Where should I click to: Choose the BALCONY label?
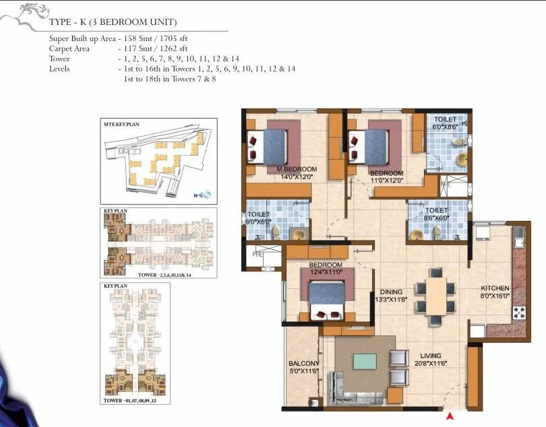pos(303,364)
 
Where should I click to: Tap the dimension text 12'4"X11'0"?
pos(326,273)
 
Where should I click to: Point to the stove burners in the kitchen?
pos(520,312)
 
